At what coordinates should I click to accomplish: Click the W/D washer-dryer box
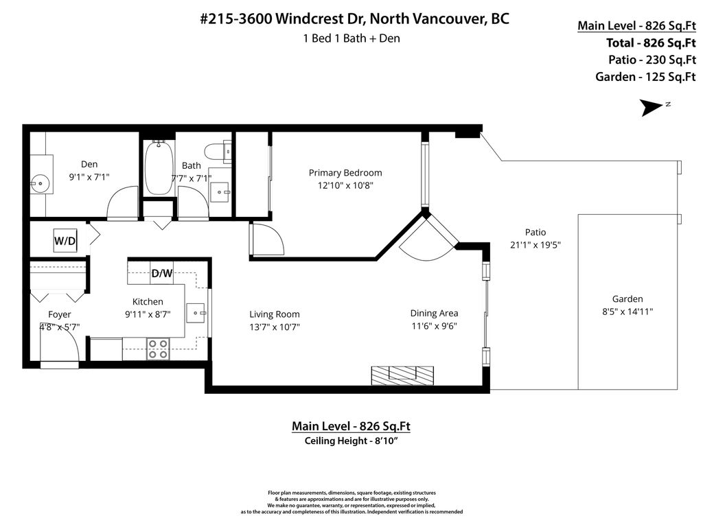click(x=65, y=241)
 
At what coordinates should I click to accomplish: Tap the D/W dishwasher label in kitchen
click(x=162, y=273)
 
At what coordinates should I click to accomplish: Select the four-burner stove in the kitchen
click(x=159, y=349)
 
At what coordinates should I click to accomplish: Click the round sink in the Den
click(x=40, y=183)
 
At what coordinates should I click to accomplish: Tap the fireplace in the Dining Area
click(x=402, y=375)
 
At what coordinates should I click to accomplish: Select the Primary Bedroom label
click(x=345, y=173)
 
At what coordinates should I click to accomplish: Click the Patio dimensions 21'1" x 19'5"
click(x=535, y=245)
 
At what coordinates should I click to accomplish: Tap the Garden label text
click(x=627, y=299)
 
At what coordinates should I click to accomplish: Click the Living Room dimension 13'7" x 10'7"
click(x=275, y=327)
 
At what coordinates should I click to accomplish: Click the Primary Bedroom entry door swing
click(x=267, y=240)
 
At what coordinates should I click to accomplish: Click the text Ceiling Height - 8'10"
click(x=351, y=441)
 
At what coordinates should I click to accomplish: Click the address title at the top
click(x=354, y=19)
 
